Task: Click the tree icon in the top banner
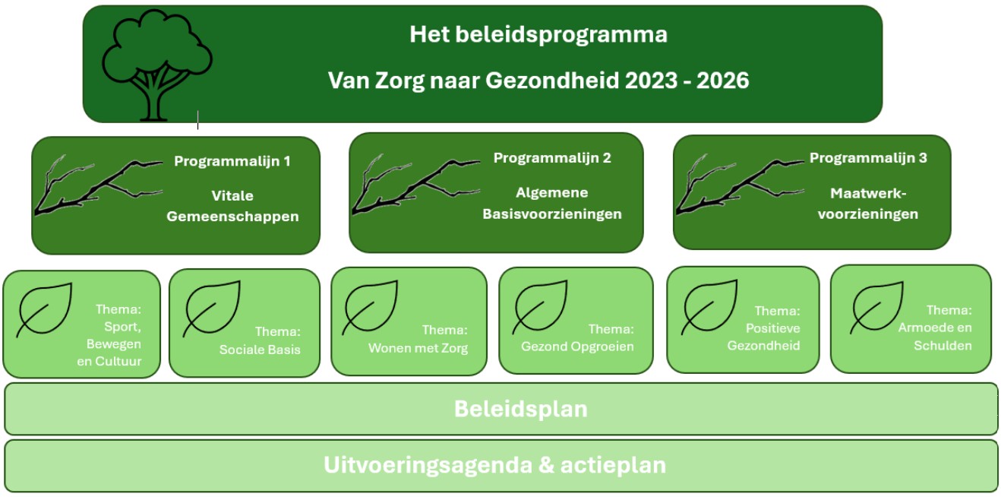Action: point(157,65)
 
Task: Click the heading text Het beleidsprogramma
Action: point(538,35)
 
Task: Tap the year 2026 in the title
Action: point(722,81)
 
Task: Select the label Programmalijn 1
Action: point(232,161)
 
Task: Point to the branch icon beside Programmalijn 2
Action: point(415,185)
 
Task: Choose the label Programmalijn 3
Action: point(868,158)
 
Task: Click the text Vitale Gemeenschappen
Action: point(232,206)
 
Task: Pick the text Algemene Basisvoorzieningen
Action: point(552,204)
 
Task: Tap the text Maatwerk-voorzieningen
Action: point(868,204)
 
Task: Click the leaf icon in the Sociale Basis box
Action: point(212,309)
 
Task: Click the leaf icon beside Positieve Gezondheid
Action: point(709,307)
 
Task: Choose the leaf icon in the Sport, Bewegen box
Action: point(44,310)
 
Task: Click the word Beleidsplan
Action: point(520,409)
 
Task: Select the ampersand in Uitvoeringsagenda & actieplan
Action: point(546,465)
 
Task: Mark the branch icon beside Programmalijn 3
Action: point(740,185)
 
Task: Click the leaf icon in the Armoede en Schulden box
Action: point(876,308)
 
